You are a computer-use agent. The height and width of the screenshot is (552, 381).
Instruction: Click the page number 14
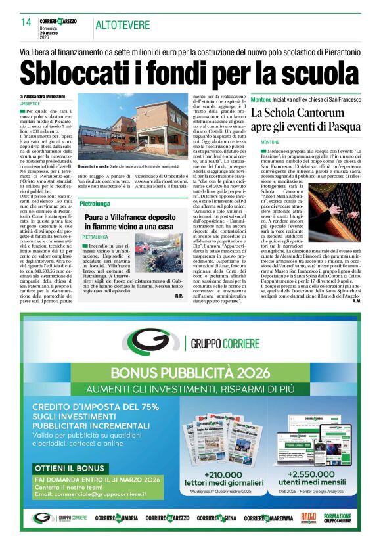26,23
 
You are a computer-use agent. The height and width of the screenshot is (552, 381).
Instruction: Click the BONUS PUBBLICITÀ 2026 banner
190,373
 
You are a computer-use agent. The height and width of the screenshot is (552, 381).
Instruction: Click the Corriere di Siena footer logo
215,518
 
